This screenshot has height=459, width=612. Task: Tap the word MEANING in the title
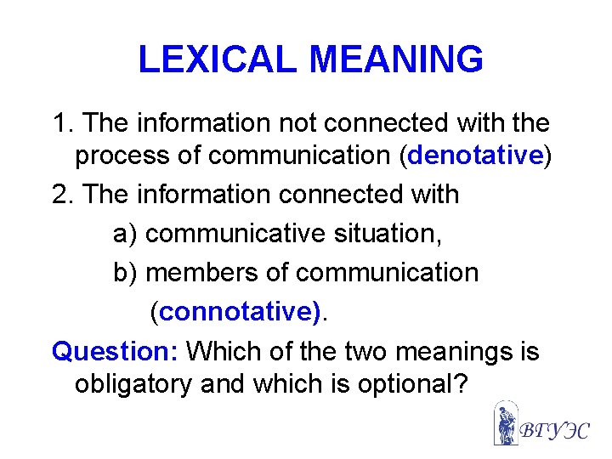click(397, 59)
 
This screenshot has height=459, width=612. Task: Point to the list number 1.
click(60, 123)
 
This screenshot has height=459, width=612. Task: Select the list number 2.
click(60, 195)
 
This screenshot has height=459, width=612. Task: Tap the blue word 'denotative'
click(476, 157)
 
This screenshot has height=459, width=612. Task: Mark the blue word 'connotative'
click(239, 312)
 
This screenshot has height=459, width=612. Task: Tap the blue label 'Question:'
click(116, 350)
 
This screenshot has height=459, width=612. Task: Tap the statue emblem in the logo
click(506, 424)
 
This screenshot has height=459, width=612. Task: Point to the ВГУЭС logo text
click(554, 428)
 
